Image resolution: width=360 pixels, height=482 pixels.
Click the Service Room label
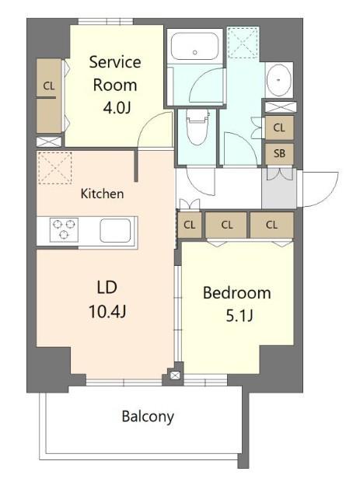(115, 74)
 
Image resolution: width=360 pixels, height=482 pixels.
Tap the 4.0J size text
(117, 108)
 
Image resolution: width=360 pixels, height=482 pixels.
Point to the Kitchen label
(102, 194)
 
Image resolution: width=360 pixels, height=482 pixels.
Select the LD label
(107, 288)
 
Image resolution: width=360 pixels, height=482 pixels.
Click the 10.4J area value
(107, 312)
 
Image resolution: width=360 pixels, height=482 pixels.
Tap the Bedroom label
(236, 293)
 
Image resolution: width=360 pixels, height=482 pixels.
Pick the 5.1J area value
(239, 316)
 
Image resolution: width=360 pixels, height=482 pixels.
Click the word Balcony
(148, 417)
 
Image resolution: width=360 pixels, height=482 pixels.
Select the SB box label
(279, 153)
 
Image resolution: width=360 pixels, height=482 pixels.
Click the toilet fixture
(197, 127)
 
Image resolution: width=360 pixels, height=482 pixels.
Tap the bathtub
(194, 46)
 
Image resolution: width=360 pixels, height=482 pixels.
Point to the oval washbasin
(279, 80)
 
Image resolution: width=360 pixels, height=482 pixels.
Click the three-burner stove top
(64, 229)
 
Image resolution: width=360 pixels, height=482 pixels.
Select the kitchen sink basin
(115, 230)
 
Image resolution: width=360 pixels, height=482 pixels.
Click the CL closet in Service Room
(49, 96)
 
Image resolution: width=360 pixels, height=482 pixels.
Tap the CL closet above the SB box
(279, 127)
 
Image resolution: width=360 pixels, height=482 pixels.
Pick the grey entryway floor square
(279, 188)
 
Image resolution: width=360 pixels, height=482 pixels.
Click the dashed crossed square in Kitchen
(54, 168)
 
